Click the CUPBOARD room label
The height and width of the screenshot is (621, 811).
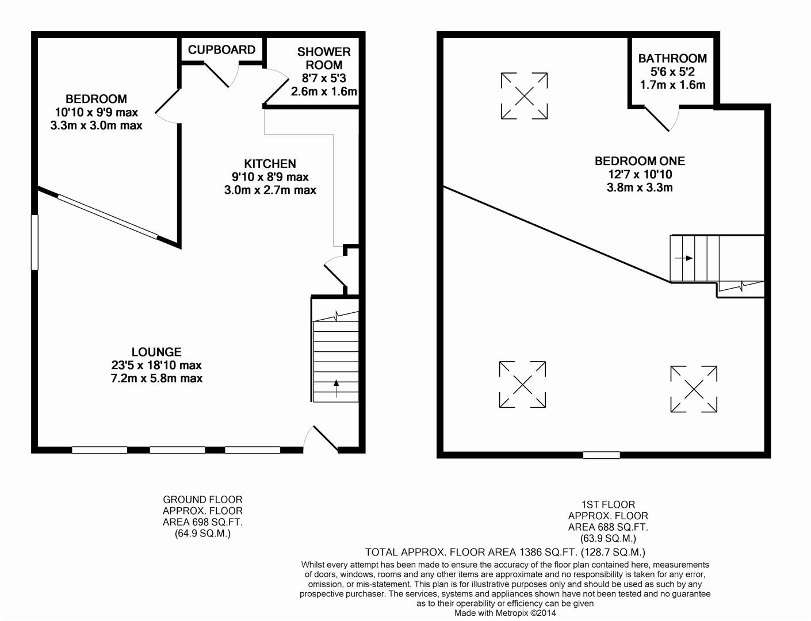tap(221, 49)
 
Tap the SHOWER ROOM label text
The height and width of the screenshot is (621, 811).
tap(324, 58)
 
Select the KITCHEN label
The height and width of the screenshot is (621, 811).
tap(270, 164)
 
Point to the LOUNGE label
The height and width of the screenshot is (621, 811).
tap(156, 352)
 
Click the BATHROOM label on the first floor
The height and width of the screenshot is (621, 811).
tap(672, 59)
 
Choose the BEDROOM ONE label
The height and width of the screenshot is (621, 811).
tap(640, 161)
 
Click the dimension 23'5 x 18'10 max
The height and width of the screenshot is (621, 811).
tap(156, 365)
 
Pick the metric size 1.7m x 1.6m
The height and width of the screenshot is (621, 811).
tap(672, 85)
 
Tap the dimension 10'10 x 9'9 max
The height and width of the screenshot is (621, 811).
tap(96, 112)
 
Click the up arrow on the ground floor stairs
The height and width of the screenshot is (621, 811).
tap(336, 388)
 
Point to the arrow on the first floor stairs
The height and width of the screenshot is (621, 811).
tap(684, 258)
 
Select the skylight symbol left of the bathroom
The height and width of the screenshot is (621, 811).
tap(524, 96)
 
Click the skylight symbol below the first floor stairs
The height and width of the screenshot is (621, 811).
tap(694, 389)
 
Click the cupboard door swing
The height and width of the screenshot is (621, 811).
tap(221, 75)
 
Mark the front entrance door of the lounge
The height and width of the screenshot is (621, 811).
tap(322, 439)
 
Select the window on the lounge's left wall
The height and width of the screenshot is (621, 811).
tap(35, 242)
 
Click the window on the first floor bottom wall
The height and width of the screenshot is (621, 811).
tap(601, 455)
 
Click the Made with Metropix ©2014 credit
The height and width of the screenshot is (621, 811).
tap(505, 613)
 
